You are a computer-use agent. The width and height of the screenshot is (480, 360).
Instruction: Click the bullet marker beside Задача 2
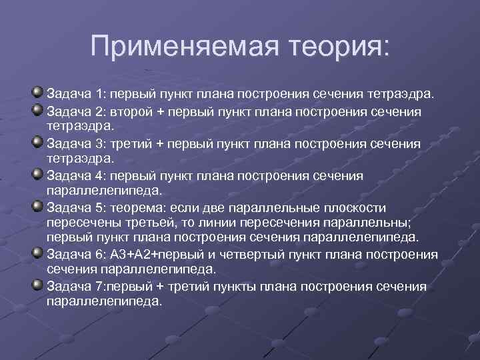click(37, 109)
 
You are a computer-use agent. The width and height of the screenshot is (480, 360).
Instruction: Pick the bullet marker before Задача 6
click(37, 253)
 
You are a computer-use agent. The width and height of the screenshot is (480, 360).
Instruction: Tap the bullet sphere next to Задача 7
click(37, 285)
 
